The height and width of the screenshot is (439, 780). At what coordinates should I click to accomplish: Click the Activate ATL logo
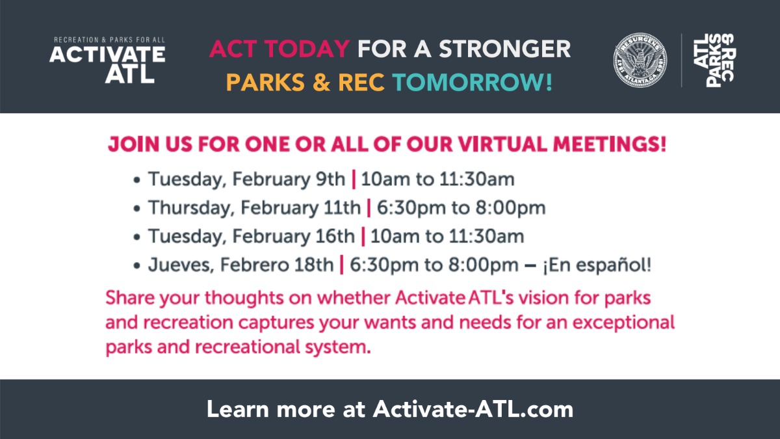[x=107, y=60]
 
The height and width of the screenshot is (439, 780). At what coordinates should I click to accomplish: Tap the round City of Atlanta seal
[x=640, y=60]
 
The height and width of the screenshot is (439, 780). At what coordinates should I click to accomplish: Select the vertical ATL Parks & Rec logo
[x=714, y=60]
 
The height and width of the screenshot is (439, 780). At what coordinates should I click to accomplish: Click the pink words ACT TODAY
[x=280, y=49]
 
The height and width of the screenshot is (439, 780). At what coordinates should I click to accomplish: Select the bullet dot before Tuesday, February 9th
[x=137, y=180]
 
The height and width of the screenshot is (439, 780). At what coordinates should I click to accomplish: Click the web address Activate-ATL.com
[x=473, y=409]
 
